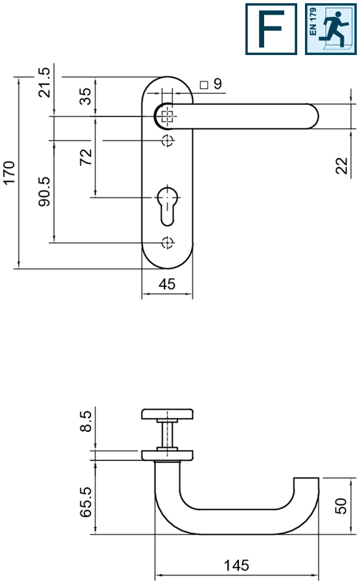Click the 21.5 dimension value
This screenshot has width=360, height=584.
pos(44,82)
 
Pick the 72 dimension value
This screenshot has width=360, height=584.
pos(85,157)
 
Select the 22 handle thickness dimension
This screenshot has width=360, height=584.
pos(343,165)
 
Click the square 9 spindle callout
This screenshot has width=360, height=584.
pos(211,84)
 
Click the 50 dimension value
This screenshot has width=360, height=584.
pos(343,506)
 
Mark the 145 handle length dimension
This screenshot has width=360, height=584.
pos(236,566)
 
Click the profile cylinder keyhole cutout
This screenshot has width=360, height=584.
pos(167,203)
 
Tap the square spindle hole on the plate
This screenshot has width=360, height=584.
pos(167,117)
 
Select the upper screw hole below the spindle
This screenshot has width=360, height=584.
pos(167,140)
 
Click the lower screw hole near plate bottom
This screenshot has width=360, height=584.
pos(167,243)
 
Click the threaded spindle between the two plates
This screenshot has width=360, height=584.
pos(167,434)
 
